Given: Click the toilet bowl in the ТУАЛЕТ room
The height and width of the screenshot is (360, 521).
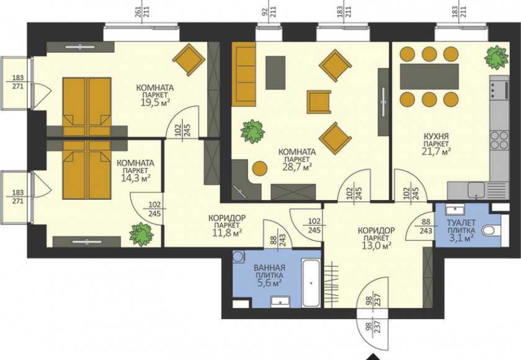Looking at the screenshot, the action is (491, 230).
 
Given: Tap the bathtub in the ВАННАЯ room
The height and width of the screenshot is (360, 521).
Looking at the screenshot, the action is (311, 283).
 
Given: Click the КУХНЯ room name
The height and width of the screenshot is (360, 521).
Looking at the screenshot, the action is (435, 137).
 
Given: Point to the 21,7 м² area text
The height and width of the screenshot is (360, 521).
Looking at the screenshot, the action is (436, 151).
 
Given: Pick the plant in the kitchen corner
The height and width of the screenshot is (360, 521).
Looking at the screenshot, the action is (496, 58).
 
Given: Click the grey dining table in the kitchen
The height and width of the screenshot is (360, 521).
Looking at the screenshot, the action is (429, 76).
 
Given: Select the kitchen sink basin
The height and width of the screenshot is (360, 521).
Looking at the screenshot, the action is (476, 190).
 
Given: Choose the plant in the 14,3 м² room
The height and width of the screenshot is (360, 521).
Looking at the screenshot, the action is (141, 234).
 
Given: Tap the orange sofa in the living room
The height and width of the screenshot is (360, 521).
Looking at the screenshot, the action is (243, 76).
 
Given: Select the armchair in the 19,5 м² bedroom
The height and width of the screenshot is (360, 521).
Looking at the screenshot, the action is (189, 60).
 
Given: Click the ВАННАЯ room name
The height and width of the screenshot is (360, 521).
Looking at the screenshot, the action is (269, 268).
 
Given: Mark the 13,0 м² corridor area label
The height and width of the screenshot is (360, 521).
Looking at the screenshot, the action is (376, 246).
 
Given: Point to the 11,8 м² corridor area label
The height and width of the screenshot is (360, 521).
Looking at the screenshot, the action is (227, 232).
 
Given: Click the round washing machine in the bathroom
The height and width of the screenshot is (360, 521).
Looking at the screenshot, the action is (238, 257).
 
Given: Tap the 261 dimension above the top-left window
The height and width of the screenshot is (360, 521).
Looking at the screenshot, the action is (139, 12).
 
